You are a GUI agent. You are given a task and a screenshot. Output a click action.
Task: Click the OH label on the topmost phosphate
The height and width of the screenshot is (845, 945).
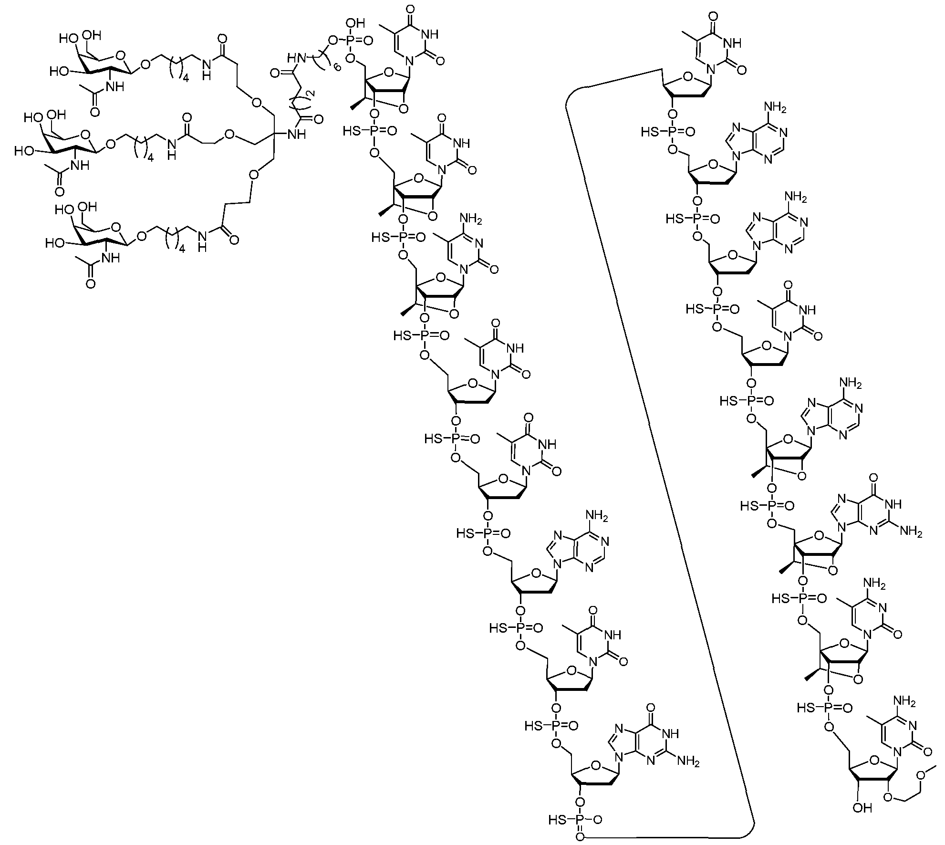tap(359, 22)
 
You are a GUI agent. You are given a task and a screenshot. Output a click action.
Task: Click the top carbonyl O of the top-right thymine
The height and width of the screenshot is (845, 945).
tap(714, 15)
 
